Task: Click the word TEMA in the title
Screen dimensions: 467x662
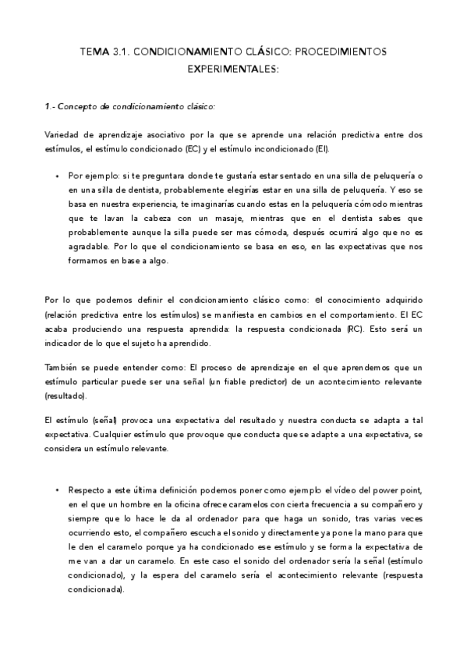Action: (x=94, y=51)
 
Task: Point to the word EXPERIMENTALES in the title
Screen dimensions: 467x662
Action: (x=232, y=69)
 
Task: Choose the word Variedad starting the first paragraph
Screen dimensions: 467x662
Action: (x=62, y=135)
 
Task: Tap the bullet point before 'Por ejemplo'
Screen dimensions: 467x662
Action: (x=57, y=177)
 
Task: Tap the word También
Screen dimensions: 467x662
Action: (x=63, y=367)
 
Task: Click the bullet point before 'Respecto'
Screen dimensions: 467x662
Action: (x=57, y=490)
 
